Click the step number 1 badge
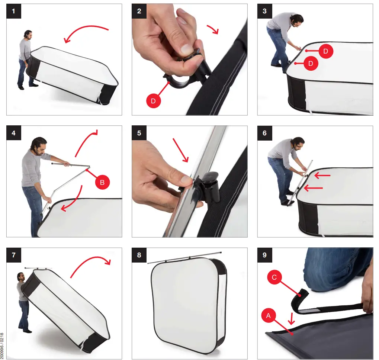coord(13,11)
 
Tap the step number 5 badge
coord(139,133)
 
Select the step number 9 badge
coord(265,255)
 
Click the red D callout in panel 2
coord(153,101)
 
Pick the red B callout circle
coord(102,182)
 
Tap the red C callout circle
coord(274,277)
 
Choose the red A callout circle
coord(268,316)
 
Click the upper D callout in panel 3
coord(325,51)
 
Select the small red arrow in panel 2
coord(213,29)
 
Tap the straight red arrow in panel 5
coord(180,150)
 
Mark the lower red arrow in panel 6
coord(313,188)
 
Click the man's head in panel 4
coord(39,146)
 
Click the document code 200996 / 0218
coord(2,346)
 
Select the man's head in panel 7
coord(21,277)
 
